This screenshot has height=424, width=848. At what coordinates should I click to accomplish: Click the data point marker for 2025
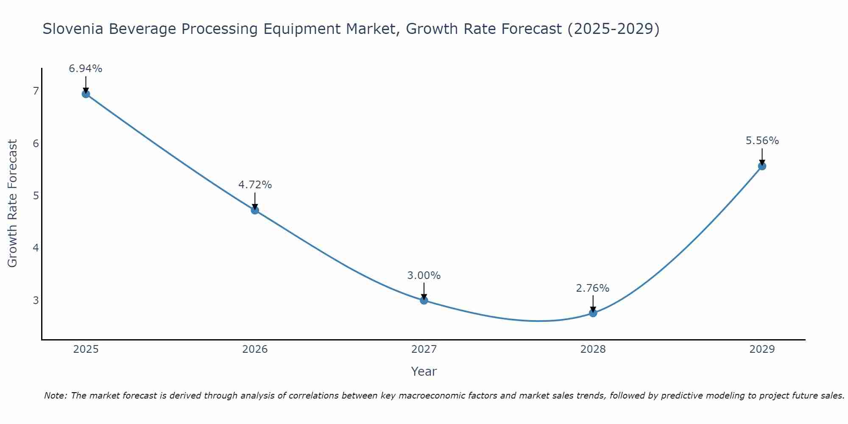pyautogui.click(x=86, y=94)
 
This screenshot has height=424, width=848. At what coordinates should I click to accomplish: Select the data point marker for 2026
pyautogui.click(x=255, y=210)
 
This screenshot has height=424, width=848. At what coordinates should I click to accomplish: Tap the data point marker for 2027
pyautogui.click(x=424, y=300)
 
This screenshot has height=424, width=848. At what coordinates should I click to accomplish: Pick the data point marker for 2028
pyautogui.click(x=593, y=313)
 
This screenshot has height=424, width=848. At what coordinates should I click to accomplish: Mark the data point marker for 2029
pyautogui.click(x=762, y=166)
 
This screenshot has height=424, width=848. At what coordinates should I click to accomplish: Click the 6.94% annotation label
pyautogui.click(x=86, y=69)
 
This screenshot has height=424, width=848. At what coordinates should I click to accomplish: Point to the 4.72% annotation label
pyautogui.click(x=255, y=185)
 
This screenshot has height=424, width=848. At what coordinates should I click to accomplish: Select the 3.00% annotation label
pyautogui.click(x=424, y=276)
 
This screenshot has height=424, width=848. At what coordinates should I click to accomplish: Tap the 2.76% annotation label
pyautogui.click(x=593, y=288)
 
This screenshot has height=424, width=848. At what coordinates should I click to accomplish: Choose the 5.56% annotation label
pyautogui.click(x=762, y=141)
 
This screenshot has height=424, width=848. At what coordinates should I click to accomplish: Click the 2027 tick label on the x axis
pyautogui.click(x=424, y=349)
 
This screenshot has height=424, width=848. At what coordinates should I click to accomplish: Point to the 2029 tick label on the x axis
pyautogui.click(x=762, y=349)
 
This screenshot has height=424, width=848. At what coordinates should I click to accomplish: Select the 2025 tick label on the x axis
pyautogui.click(x=86, y=349)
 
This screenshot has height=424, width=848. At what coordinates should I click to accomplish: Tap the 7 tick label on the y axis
pyautogui.click(x=36, y=91)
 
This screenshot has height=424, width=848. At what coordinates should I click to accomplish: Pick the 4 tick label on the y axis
pyautogui.click(x=36, y=248)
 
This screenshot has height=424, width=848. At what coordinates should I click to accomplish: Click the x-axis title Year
pyautogui.click(x=424, y=371)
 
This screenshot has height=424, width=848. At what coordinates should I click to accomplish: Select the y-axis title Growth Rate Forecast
pyautogui.click(x=13, y=204)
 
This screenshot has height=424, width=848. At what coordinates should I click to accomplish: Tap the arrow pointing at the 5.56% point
pyautogui.click(x=762, y=157)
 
